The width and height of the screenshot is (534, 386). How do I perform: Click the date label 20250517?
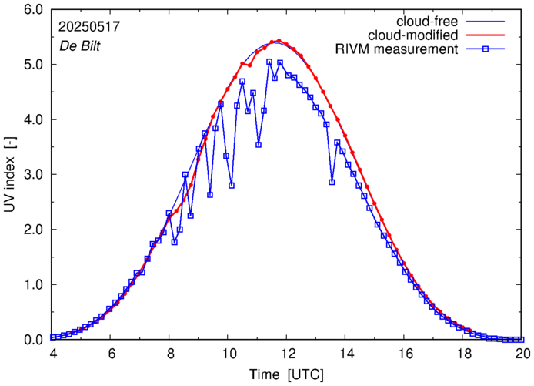point(88,26)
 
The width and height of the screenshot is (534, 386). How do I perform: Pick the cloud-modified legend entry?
point(414,35)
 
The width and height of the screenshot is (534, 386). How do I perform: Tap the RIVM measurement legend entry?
point(397,50)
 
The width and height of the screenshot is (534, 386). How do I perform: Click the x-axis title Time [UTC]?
point(285,374)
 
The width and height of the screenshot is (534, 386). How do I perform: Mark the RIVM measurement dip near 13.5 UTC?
point(332,182)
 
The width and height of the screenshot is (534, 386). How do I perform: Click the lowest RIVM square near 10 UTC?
point(232,185)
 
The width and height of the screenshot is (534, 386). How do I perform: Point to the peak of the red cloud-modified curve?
point(279,42)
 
